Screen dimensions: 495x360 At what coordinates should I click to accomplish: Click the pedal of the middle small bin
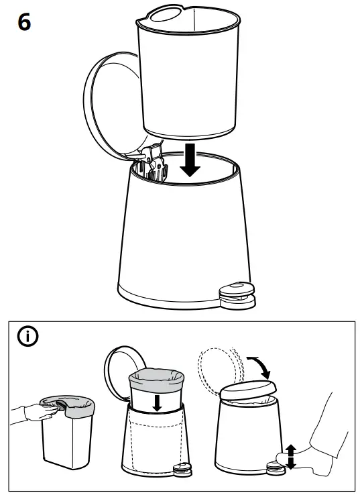point(180,471)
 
